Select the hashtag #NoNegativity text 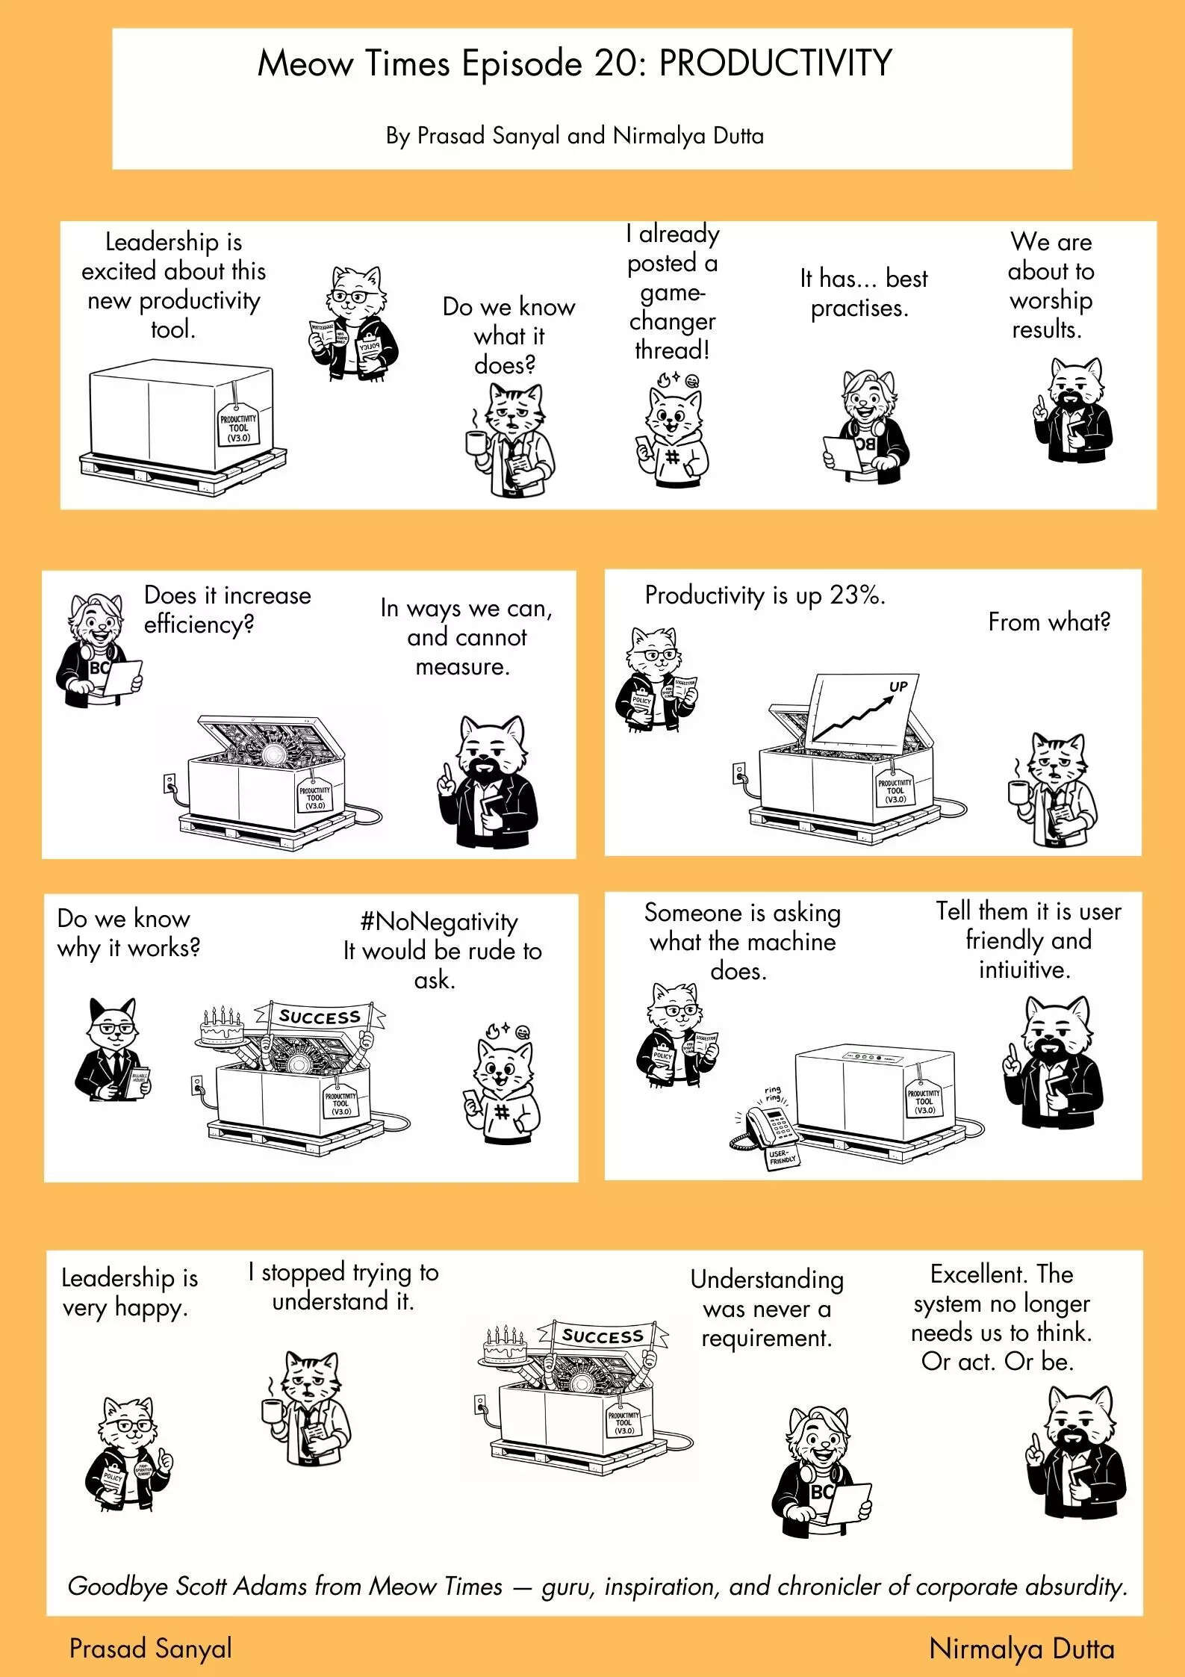point(438,921)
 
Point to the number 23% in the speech point(856,595)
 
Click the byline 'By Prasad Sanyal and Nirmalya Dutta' point(574,136)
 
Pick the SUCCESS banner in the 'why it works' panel point(320,1017)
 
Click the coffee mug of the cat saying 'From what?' point(1018,791)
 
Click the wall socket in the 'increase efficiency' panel point(169,784)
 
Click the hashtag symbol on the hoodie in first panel point(671,456)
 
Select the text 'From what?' point(1048,621)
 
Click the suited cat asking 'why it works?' point(112,1050)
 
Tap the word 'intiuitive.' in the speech point(1024,970)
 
